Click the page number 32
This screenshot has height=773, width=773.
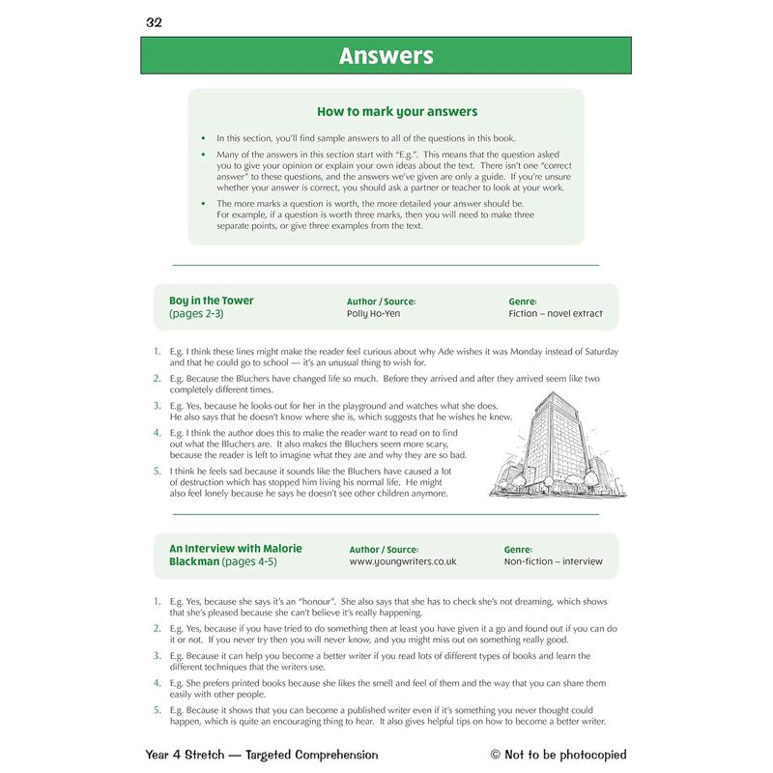tap(154, 22)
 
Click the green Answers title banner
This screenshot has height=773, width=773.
tap(386, 56)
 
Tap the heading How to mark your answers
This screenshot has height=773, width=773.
tap(396, 112)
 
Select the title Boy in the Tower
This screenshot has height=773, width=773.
tap(211, 301)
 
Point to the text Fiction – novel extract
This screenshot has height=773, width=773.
tap(555, 314)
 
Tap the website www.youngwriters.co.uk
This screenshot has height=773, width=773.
tap(402, 561)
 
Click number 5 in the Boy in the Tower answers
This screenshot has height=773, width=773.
tap(157, 471)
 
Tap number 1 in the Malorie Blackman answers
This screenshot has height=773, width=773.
tap(157, 601)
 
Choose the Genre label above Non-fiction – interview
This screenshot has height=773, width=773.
tap(518, 549)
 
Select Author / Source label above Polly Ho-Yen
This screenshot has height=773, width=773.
tap(381, 301)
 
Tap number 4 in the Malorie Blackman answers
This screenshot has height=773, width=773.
tap(157, 682)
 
